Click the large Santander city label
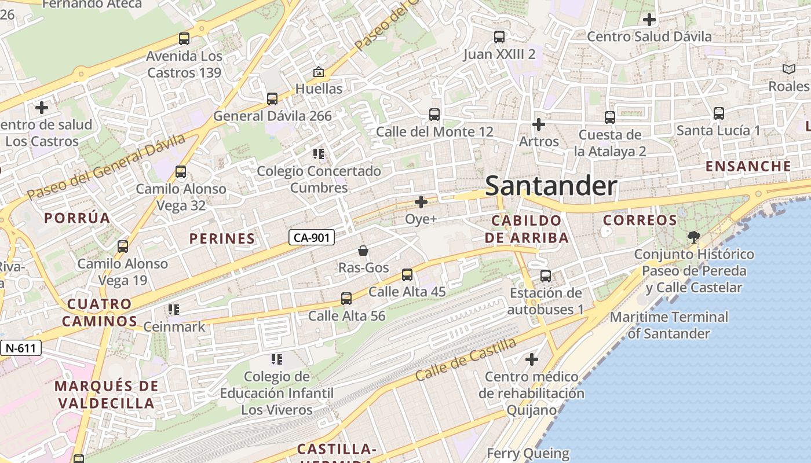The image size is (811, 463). point(551,186)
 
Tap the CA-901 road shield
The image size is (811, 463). point(312,237)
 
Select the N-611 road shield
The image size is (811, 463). point(21,348)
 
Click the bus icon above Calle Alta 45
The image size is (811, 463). point(407,274)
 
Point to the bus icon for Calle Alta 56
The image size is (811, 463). point(346,299)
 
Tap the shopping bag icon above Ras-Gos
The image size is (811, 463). point(363,250)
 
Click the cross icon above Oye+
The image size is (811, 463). point(421,202)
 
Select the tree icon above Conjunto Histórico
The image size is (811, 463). point(693,237)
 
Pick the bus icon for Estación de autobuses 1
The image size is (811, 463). point(546,275)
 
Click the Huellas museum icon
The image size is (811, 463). point(318,72)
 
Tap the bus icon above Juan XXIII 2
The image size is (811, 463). point(499,37)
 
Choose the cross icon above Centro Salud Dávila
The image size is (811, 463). point(649,20)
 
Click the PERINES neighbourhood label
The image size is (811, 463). point(222,238)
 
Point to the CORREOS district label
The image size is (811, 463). point(640,221)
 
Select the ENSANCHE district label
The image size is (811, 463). point(748,167)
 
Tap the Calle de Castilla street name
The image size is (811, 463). point(466,359)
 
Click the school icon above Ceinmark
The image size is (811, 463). point(174,310)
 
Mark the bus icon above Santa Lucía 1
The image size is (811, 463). point(719,113)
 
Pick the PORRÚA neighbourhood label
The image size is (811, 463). point(77,218)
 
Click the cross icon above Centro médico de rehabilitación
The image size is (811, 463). point(531,359)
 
